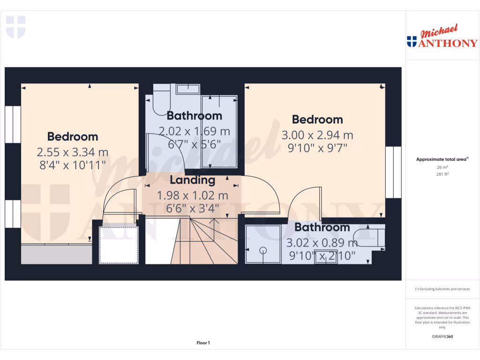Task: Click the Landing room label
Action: (192, 180)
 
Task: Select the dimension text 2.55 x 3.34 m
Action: (73, 152)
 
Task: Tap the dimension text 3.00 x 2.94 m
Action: (317, 135)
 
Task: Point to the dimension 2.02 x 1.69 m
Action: (195, 131)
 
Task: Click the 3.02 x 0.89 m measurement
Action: (322, 243)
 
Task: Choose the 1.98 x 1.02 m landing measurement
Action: (192, 195)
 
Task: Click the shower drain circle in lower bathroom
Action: (263, 250)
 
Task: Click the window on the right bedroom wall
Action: (393, 172)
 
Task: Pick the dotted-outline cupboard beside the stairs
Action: (119, 245)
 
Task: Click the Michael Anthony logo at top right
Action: (442, 37)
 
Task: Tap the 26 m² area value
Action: (442, 167)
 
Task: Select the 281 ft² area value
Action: (442, 174)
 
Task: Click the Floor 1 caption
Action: (203, 343)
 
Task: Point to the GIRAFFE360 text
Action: (442, 337)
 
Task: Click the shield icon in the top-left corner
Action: (15, 27)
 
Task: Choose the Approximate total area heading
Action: (442, 159)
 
